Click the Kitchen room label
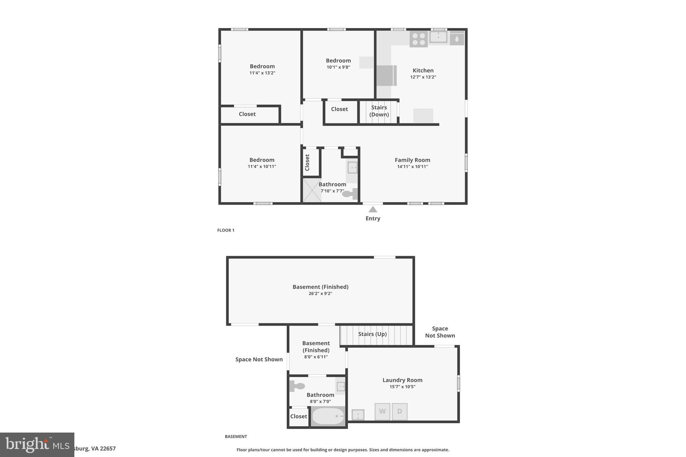click(x=423, y=70)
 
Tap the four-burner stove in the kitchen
click(x=418, y=39)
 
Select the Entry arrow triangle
click(x=373, y=210)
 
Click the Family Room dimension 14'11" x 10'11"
click(x=412, y=167)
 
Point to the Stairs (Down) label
click(x=379, y=111)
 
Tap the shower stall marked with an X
click(x=312, y=190)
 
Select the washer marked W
click(x=382, y=411)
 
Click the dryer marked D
click(x=400, y=411)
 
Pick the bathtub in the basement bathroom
click(x=328, y=416)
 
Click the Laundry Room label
click(x=402, y=380)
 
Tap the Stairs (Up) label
click(x=372, y=334)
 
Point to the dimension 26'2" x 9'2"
click(x=320, y=294)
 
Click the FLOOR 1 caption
click(x=226, y=230)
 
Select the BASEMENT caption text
click(x=236, y=437)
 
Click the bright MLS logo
click(x=37, y=445)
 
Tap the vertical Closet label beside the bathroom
click(x=307, y=162)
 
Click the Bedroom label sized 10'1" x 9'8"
click(x=338, y=61)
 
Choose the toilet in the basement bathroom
click(x=297, y=386)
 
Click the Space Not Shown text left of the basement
click(x=259, y=360)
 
